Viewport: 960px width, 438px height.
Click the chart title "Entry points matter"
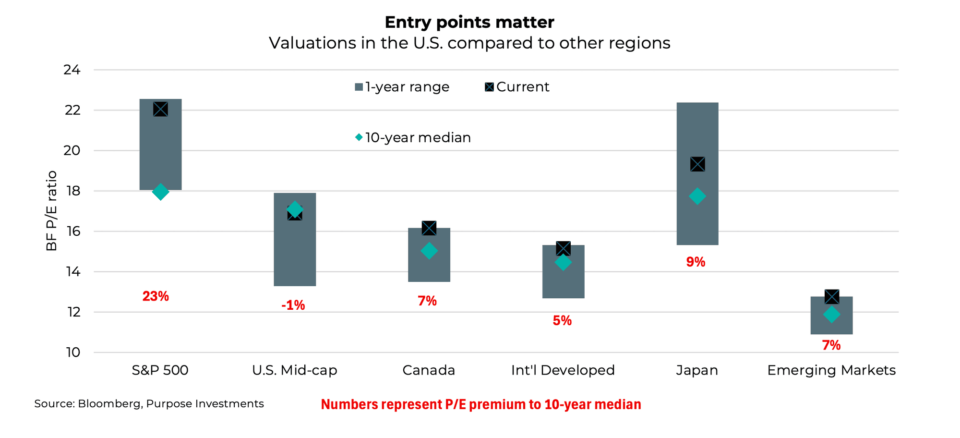point(469,22)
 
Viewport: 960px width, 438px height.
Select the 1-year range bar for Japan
point(697,130)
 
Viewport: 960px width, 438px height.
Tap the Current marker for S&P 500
point(160,109)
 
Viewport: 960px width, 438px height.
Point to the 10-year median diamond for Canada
point(429,251)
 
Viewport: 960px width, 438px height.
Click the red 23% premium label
point(156,296)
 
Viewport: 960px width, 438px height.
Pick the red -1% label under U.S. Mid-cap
point(293,305)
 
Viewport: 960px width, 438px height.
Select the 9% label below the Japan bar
point(696,262)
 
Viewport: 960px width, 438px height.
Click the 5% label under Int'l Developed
point(562,321)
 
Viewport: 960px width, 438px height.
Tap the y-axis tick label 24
point(72,70)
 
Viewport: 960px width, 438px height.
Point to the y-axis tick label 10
point(72,353)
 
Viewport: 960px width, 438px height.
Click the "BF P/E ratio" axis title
point(52,211)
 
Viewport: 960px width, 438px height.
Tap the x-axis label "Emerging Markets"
point(831,370)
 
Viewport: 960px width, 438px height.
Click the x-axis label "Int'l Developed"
point(563,370)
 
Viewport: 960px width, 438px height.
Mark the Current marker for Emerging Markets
point(831,297)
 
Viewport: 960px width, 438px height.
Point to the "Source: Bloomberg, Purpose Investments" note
point(149,404)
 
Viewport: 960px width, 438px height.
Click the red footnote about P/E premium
point(480,404)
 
